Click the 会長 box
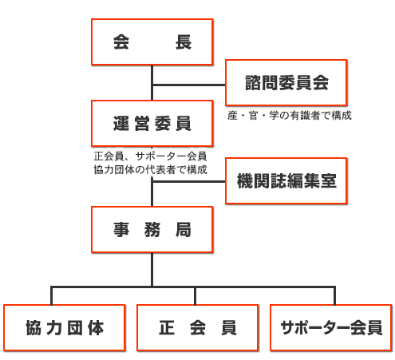152,42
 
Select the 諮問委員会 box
286,83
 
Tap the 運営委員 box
152,124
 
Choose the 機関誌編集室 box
286,181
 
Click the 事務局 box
152,229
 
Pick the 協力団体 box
65,328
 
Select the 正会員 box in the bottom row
197,328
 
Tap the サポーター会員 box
331,328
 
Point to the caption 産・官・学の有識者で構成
290,116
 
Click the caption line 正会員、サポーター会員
150,156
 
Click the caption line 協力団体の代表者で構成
150,170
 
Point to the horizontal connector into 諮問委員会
189,85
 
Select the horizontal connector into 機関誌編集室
189,182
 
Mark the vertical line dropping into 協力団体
51,295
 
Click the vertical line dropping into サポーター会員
334,295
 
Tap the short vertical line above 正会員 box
196,296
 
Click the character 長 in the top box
184,42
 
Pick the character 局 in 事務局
184,229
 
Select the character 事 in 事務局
121,229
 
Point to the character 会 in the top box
121,42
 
